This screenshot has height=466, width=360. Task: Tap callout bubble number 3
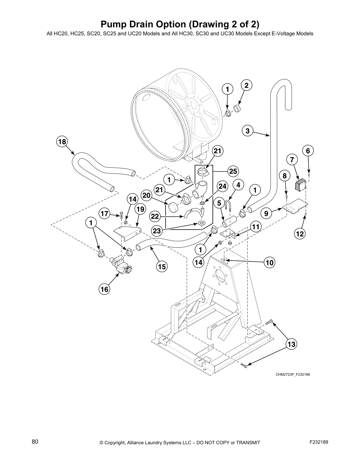pos(248,131)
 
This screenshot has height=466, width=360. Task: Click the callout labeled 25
pos(233,172)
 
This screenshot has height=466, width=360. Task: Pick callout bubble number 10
pos(270,262)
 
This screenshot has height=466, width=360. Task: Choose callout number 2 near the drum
pos(246,86)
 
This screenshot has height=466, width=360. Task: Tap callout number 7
pos(292,160)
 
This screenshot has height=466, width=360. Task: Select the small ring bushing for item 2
pos(237,109)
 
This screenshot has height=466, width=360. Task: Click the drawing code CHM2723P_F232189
pos(293,375)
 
